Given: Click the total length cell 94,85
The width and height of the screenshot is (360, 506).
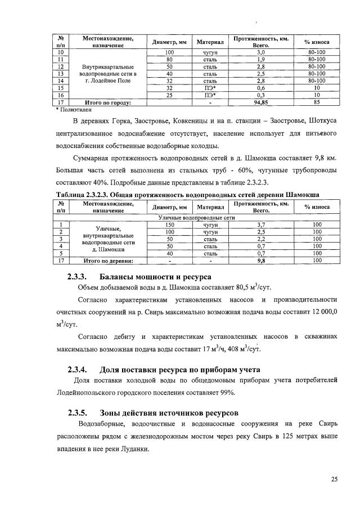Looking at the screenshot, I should pos(260,103).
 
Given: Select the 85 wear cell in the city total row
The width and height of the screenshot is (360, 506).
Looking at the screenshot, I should pos(317,103).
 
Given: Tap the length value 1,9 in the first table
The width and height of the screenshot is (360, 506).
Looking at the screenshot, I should pos(260,59).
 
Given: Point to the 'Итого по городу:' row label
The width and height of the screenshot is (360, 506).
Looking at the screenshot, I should pos(106,103).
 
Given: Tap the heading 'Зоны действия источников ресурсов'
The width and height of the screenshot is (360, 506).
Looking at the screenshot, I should pos(169,411).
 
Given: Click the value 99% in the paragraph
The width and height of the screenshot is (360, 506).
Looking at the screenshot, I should pos(228,393).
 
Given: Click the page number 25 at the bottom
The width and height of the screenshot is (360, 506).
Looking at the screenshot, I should pos(334,480).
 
